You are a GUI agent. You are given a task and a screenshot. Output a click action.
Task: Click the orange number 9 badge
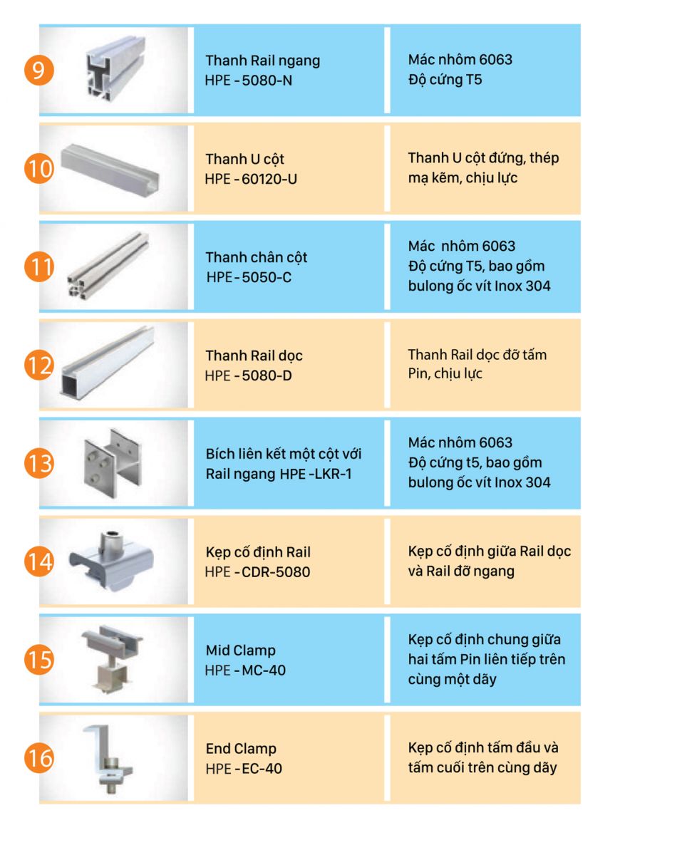[x=39, y=71]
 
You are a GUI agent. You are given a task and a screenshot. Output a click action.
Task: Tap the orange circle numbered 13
[x=39, y=463]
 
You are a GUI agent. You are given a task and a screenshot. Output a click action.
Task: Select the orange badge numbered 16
[x=39, y=758]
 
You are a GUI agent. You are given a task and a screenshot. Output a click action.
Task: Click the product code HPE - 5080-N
[x=248, y=81]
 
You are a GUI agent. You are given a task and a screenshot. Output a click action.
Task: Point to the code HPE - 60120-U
[x=251, y=179]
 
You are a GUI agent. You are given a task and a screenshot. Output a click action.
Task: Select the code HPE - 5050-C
[x=249, y=277]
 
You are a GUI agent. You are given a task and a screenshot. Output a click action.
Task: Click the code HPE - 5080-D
[x=248, y=375]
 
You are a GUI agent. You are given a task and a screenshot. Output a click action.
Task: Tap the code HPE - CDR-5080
[x=257, y=572]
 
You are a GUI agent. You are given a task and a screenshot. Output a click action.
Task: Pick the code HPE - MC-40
[x=245, y=670]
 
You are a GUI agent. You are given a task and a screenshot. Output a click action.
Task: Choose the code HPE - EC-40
[x=244, y=768]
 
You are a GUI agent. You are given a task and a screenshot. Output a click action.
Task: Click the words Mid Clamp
[x=241, y=651]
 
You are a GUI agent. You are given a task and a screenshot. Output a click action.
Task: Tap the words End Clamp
[x=241, y=749]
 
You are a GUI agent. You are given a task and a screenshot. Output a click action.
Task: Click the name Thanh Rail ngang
[x=263, y=61]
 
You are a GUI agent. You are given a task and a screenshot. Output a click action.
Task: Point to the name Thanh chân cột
[x=257, y=257]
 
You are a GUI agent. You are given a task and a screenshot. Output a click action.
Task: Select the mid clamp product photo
[x=112, y=660]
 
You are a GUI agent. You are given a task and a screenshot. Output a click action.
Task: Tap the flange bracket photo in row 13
[x=113, y=463]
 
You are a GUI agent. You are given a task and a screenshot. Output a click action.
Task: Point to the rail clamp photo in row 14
[x=111, y=560]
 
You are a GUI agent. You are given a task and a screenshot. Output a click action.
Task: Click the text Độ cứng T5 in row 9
[x=445, y=80]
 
